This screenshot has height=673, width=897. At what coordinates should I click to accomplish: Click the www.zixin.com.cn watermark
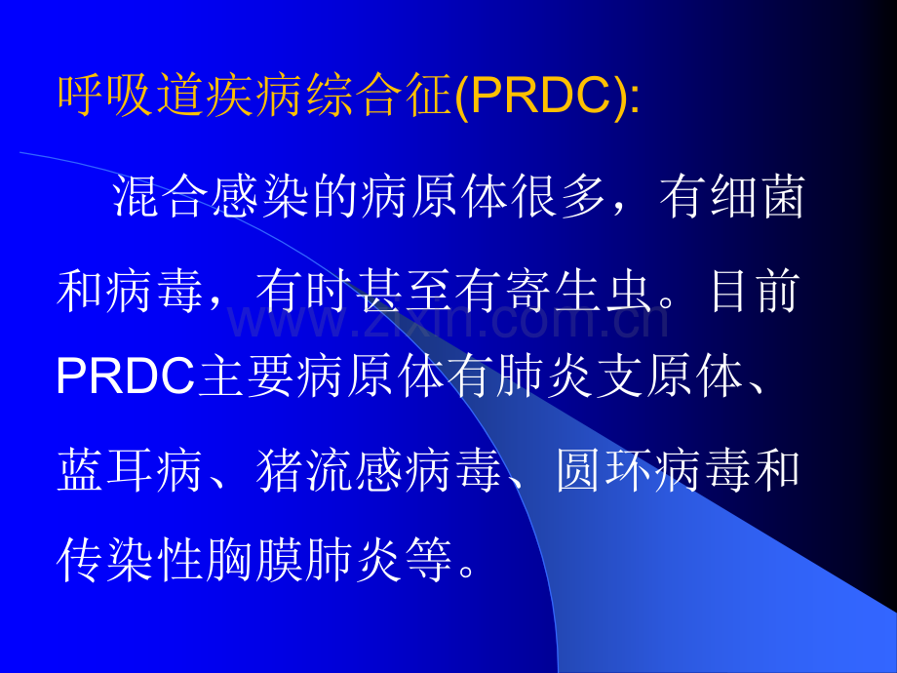coord(448,318)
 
